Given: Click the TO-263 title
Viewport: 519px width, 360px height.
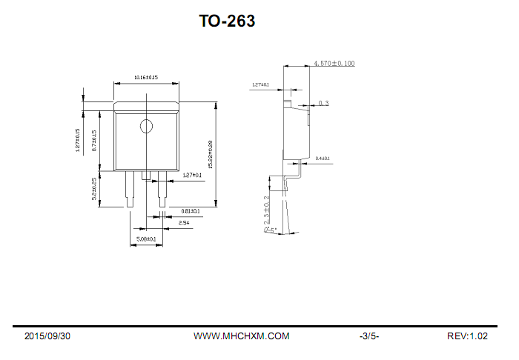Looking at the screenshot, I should (x=227, y=21).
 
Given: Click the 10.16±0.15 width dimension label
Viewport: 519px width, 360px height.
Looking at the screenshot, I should (x=145, y=77).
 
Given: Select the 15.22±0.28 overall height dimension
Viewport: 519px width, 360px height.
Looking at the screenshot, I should (x=210, y=154).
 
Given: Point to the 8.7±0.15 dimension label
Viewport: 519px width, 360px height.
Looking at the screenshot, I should (x=94, y=140).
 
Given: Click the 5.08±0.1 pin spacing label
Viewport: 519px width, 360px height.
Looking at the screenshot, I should (x=145, y=239).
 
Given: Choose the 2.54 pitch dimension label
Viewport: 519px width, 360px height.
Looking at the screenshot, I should (x=183, y=222).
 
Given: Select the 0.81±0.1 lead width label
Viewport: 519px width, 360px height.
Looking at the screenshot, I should (x=191, y=211).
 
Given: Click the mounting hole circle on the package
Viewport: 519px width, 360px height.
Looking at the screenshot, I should (x=146, y=127).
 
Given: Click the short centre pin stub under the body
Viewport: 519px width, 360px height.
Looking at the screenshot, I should (x=146, y=176).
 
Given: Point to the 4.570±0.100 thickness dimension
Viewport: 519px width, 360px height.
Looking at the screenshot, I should (x=334, y=64).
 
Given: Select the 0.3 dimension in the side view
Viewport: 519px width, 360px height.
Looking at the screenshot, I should (x=324, y=103).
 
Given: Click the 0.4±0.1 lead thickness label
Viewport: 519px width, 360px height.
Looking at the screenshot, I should (x=323, y=159).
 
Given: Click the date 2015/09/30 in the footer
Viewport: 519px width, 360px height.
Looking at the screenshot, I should (x=47, y=336).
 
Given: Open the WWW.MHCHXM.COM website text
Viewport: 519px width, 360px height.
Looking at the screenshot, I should (x=241, y=336).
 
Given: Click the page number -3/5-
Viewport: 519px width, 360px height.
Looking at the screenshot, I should (x=369, y=336).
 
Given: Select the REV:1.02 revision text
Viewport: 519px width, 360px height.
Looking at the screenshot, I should (x=467, y=336).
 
